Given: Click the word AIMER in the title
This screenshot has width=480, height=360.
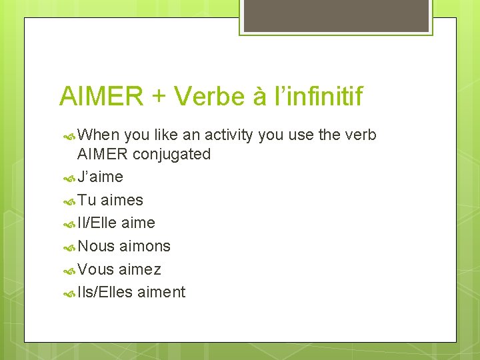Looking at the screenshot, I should click(x=100, y=97).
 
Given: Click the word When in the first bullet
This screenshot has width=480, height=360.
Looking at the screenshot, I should click(x=99, y=135).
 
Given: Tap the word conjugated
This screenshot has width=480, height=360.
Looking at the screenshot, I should click(x=171, y=155).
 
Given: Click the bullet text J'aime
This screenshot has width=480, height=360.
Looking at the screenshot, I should click(x=100, y=177).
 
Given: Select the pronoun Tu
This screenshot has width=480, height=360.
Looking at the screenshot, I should click(x=87, y=200).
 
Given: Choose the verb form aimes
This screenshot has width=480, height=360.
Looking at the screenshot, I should click(x=122, y=200).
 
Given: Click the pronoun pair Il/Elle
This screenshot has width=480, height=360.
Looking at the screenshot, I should click(x=97, y=223).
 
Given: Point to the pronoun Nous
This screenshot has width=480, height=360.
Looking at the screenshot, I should click(x=97, y=246).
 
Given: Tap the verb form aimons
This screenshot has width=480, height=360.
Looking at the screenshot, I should click(x=145, y=246).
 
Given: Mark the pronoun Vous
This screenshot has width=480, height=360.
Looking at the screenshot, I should click(x=97, y=269).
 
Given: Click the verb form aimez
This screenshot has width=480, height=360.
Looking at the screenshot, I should click(x=140, y=269).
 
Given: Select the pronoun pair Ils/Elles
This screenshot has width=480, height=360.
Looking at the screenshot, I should click(x=105, y=292).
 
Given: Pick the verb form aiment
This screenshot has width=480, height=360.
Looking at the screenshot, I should click(x=161, y=292).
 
